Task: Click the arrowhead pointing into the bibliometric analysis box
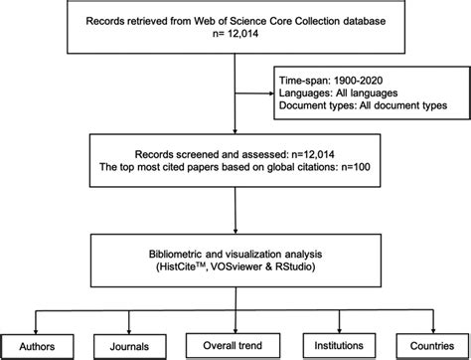click(235, 230)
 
